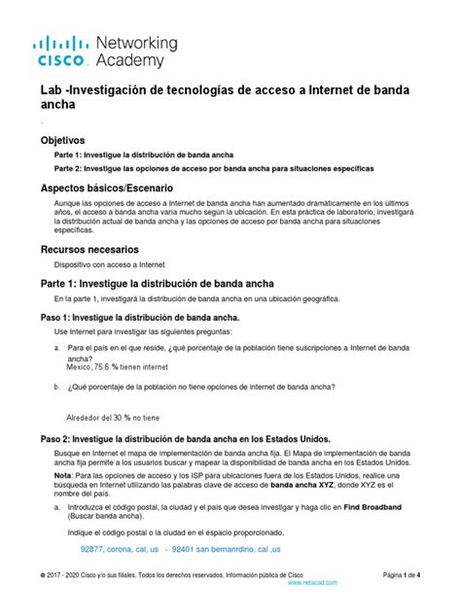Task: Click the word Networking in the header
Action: click(137, 43)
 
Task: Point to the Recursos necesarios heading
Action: click(90, 249)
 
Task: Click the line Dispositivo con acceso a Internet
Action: click(110, 264)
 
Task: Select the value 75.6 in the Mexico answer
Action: click(107, 367)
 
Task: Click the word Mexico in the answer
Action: click(79, 367)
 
